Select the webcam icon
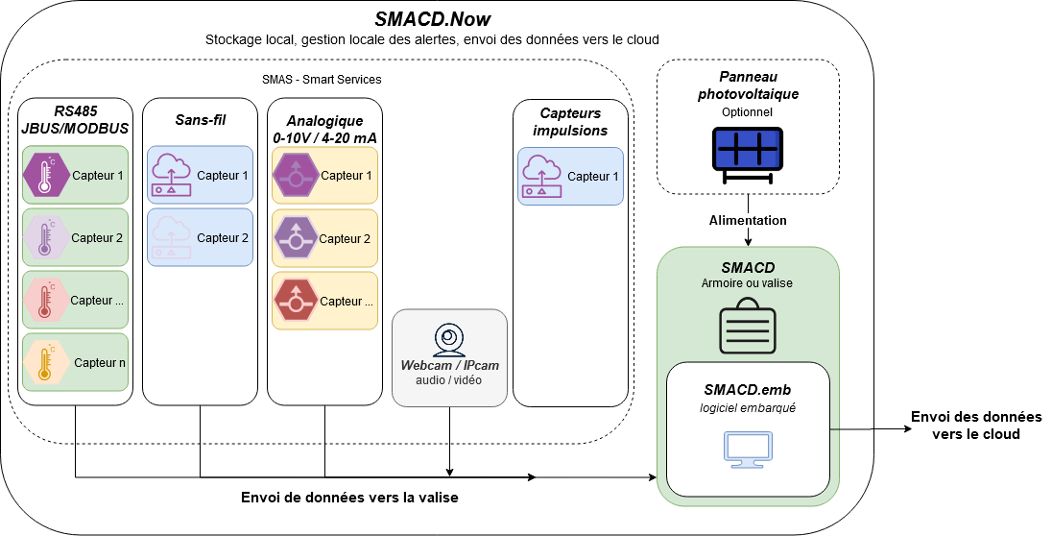449,342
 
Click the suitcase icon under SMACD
748,324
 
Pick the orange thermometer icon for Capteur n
43,362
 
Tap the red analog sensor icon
296,301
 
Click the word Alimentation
747,220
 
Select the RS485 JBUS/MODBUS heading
74,119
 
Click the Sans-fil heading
199,119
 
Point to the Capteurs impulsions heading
572,121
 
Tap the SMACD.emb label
747,389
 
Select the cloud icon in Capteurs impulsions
541,177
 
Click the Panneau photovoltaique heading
748,85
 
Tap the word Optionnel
747,112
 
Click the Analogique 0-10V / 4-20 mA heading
324,129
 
